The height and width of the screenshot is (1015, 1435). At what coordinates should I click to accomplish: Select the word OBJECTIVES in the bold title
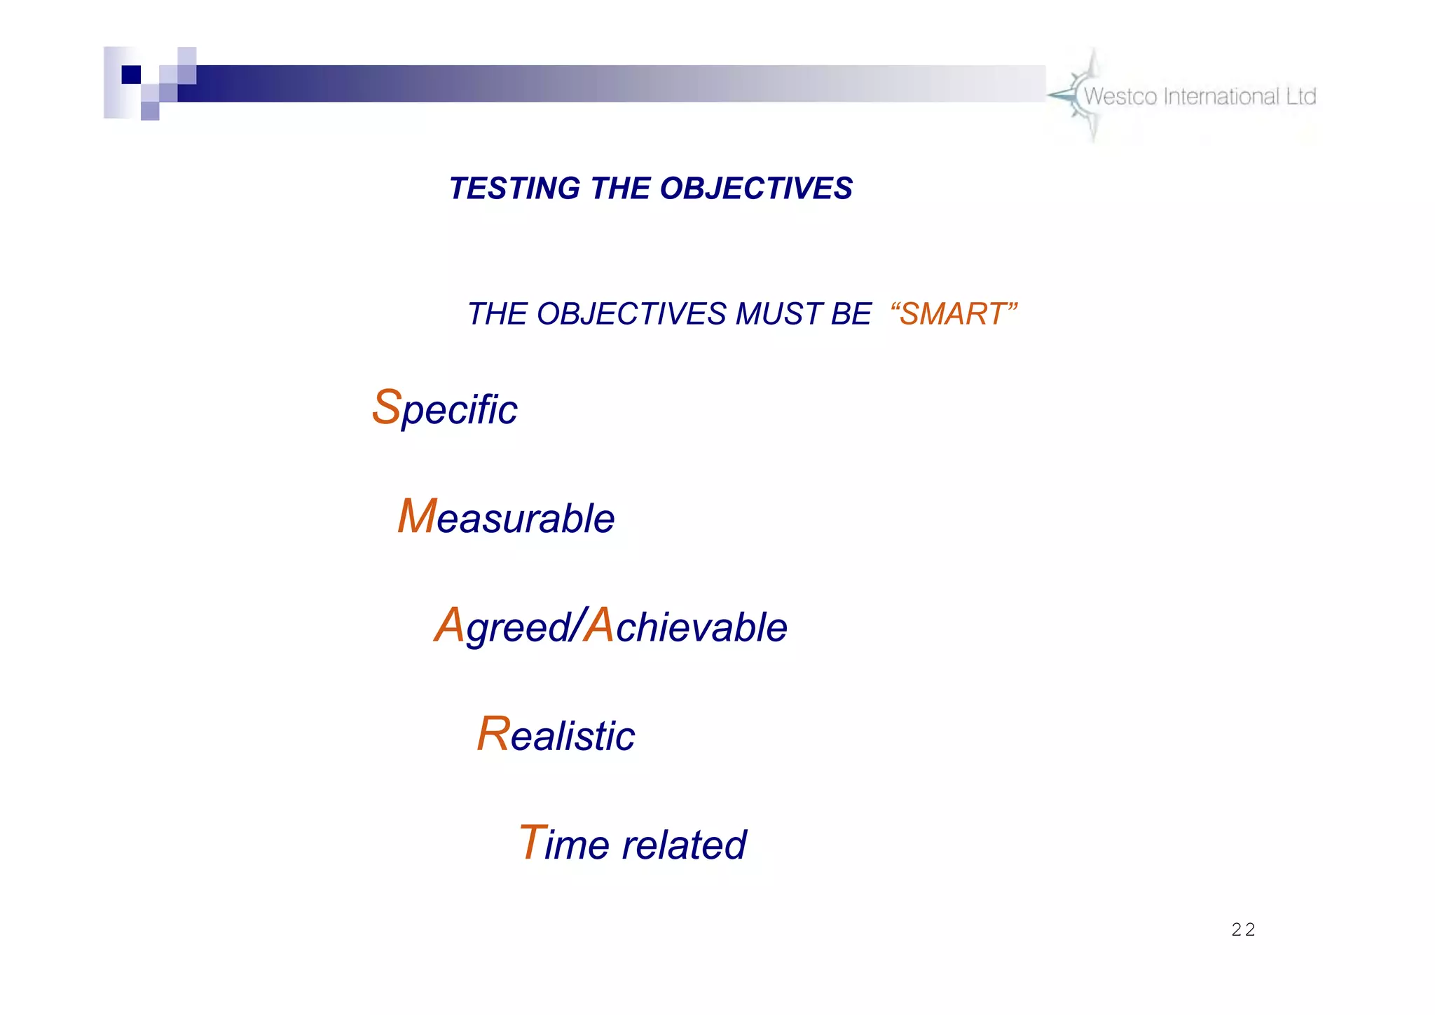[756, 189]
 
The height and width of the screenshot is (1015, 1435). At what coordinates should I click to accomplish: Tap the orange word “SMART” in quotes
[953, 314]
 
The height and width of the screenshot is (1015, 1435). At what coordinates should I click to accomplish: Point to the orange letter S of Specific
[386, 407]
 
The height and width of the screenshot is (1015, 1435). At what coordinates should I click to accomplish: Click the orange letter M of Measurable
[417, 517]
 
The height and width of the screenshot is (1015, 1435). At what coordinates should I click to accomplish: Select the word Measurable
[506, 518]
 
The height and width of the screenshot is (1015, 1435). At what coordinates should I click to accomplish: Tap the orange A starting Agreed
[449, 625]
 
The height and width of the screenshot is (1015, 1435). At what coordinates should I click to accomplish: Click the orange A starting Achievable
[599, 625]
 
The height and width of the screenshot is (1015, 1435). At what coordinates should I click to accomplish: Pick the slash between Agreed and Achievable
[577, 625]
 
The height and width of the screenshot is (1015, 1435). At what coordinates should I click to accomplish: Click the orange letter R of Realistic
[493, 734]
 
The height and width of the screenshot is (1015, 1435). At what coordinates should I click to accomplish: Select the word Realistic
[556, 735]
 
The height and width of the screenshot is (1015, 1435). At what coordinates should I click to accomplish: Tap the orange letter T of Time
[532, 843]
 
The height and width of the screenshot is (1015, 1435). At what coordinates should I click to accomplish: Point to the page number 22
[1243, 930]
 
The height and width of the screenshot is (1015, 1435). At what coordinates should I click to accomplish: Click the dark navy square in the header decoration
[131, 74]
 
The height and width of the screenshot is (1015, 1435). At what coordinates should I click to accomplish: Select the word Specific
[444, 409]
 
